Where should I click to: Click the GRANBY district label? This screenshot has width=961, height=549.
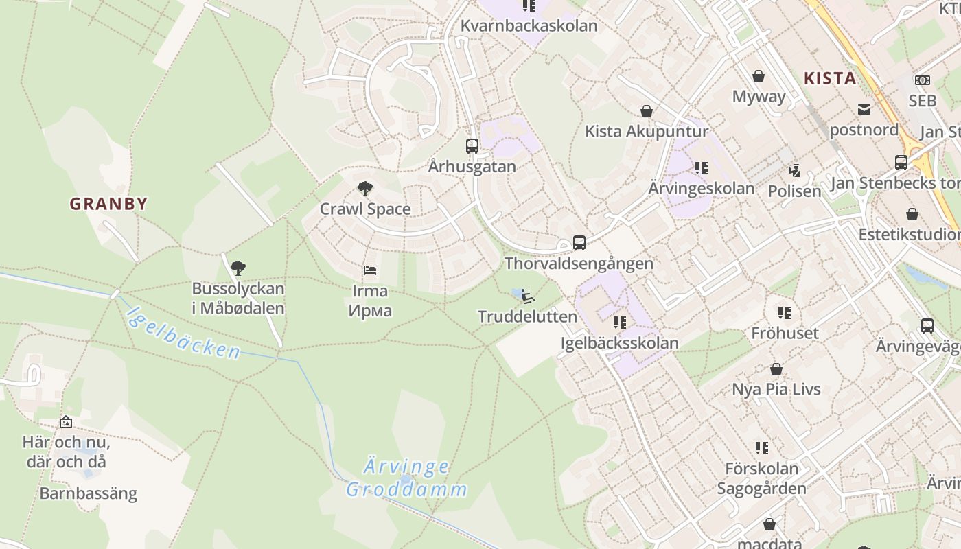point(108,204)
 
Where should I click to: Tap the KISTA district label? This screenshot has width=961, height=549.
point(830,78)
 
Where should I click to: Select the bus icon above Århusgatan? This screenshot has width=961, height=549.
point(472,145)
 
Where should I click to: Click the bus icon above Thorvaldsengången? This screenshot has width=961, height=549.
point(579,242)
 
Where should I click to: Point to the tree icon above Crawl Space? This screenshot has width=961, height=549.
point(365,188)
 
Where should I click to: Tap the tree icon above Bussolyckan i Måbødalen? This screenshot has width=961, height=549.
point(238,268)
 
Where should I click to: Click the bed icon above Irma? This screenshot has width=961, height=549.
point(369,270)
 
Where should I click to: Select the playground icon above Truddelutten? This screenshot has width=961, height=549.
point(527,296)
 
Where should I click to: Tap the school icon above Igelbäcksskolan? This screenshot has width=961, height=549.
point(619,322)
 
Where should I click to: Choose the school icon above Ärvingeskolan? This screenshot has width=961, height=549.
point(701,167)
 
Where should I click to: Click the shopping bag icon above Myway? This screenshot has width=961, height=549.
point(759,75)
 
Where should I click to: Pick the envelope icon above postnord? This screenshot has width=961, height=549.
point(864,109)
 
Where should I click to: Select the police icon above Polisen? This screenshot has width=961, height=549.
point(794,170)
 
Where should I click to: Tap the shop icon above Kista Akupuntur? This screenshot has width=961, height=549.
point(646,110)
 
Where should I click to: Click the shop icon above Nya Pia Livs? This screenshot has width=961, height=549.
point(776,369)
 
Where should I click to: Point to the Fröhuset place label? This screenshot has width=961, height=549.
point(785,334)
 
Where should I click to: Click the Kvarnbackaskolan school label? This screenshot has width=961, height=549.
point(529,26)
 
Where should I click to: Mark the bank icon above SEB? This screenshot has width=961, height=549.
point(922,80)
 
